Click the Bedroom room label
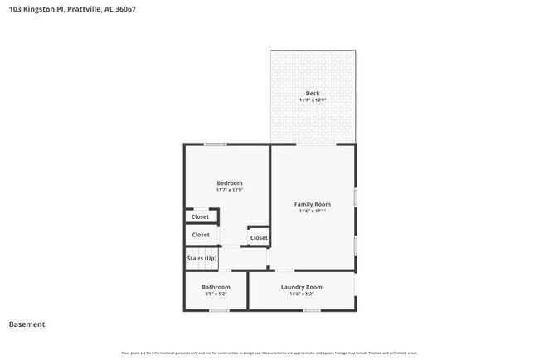click(230, 182)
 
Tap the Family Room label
click(313, 203)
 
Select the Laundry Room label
click(302, 287)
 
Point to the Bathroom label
click(216, 287)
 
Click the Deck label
click(313, 93)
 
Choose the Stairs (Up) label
click(201, 258)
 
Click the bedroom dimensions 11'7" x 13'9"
click(230, 190)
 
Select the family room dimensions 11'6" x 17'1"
click(313, 211)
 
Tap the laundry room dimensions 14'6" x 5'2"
click(302, 294)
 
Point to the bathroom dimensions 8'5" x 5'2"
click(216, 294)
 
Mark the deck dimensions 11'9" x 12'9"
click(313, 100)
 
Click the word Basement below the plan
click(27, 324)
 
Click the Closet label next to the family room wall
click(259, 238)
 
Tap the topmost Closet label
click(200, 216)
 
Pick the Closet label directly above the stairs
click(201, 235)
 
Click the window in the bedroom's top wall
click(216, 144)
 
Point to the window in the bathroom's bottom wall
click(219, 310)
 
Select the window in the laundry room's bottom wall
click(312, 310)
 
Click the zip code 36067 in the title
click(125, 9)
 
